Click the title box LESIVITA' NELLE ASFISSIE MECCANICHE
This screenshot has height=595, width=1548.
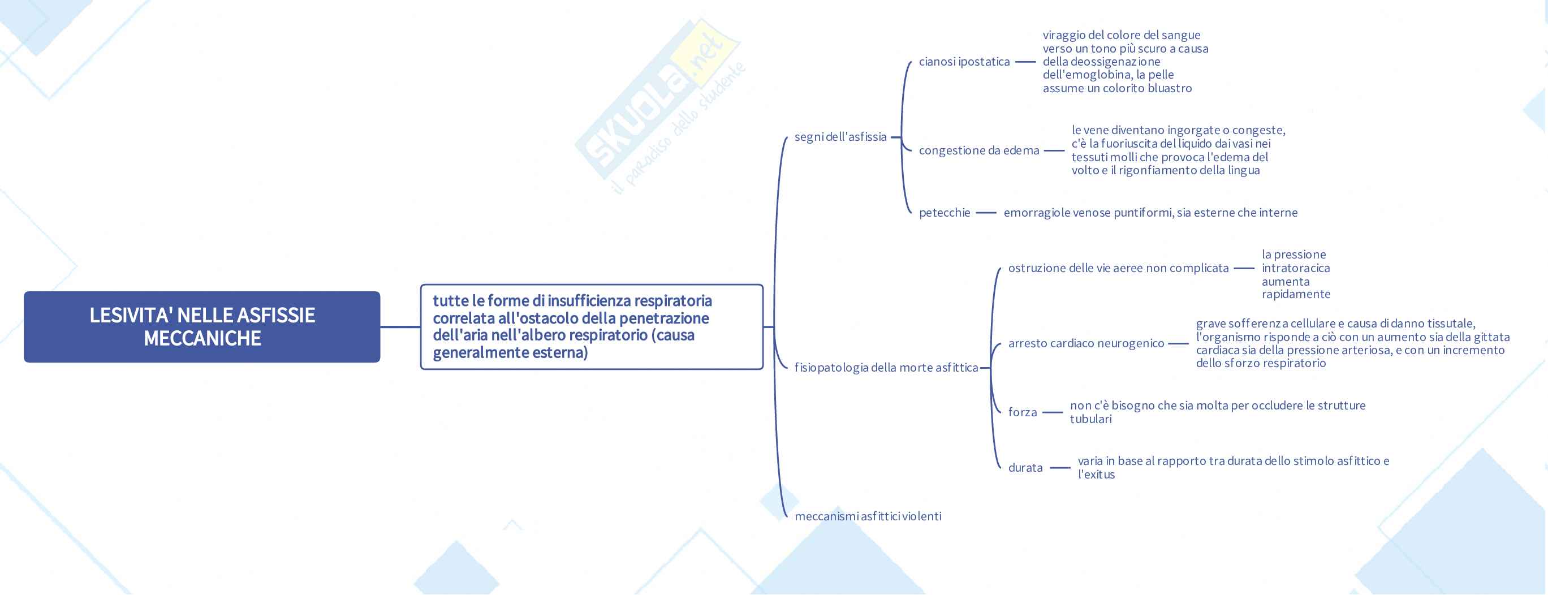pyautogui.click(x=202, y=327)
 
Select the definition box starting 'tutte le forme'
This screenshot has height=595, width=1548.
pyautogui.click(x=592, y=327)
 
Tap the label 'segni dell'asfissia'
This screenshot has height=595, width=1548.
pyautogui.click(x=840, y=137)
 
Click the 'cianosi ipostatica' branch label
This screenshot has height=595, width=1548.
pyautogui.click(x=964, y=62)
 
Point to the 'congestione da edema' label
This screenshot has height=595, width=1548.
pyautogui.click(x=978, y=150)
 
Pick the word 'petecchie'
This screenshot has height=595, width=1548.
pyautogui.click(x=944, y=213)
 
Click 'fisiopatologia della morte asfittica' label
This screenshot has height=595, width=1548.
pyautogui.click(x=886, y=368)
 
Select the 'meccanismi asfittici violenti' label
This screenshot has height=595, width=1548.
pyautogui.click(x=868, y=516)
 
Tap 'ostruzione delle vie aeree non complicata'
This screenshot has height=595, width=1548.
pyautogui.click(x=1118, y=268)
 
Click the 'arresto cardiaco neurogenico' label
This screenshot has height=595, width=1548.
pyautogui.click(x=1086, y=343)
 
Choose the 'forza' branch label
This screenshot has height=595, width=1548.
pyautogui.click(x=1022, y=412)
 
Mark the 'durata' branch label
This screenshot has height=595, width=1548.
pyautogui.click(x=1025, y=468)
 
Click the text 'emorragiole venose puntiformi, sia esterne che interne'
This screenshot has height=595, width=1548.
pyautogui.click(x=1150, y=213)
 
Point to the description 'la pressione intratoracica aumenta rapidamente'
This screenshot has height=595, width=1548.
pyautogui.click(x=1296, y=275)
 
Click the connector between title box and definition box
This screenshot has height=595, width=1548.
pyautogui.click(x=400, y=327)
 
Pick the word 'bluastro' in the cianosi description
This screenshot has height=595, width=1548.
pyautogui.click(x=1170, y=88)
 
